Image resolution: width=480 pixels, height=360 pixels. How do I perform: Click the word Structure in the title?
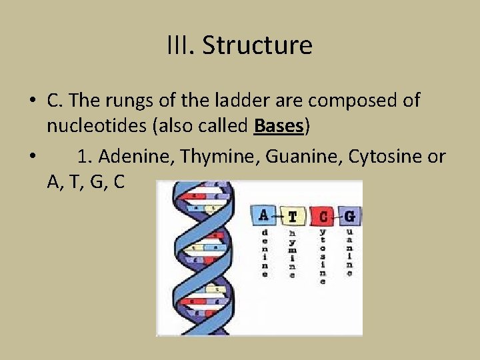[x=257, y=45]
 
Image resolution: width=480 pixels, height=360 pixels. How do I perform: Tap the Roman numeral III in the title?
[x=181, y=45]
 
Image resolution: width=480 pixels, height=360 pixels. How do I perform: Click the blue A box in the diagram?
[x=263, y=215]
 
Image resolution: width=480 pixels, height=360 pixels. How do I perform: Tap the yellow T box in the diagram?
[x=292, y=216]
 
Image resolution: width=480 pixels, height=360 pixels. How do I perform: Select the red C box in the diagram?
[x=323, y=216]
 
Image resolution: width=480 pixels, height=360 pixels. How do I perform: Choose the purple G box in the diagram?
[x=349, y=216]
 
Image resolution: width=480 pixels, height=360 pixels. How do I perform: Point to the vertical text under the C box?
[x=323, y=257]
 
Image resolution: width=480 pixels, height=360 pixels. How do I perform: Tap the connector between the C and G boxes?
[x=336, y=216]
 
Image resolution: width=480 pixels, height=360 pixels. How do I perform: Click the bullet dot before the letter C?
[x=32, y=101]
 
